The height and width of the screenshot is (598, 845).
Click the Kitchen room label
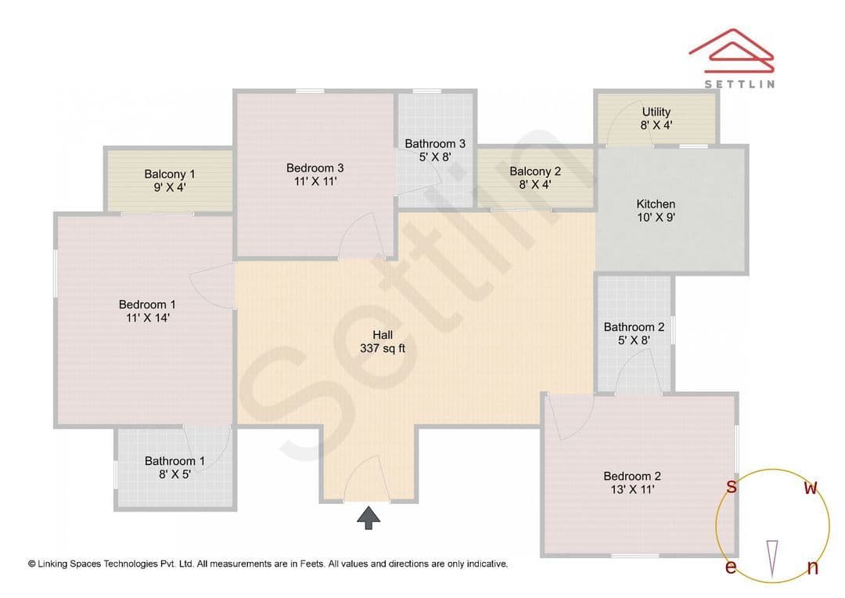pos(656,204)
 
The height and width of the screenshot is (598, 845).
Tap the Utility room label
pos(656,112)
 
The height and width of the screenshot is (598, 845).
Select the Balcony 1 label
pos(170,175)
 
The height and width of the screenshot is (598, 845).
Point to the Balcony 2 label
pos(535,171)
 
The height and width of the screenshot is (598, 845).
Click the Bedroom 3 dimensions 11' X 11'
pos(315,182)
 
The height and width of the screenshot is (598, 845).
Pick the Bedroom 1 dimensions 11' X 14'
pos(148,318)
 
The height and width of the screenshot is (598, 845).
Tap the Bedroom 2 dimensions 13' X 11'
pos(632,490)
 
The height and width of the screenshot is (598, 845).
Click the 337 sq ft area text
pos(383,349)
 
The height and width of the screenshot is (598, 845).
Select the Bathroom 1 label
pos(174,461)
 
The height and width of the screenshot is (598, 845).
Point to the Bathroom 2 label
pos(634,327)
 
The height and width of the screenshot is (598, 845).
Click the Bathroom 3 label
pos(435,144)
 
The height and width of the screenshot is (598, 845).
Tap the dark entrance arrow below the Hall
pos(369,518)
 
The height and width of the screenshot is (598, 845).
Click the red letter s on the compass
pos(732,486)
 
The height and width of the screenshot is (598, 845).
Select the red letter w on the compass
pos(811,488)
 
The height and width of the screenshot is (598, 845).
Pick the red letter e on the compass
pos(731,567)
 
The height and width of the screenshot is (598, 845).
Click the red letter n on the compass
pos(813,567)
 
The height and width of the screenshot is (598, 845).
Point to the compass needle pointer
pos(772,559)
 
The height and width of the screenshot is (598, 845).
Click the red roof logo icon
pos(732,51)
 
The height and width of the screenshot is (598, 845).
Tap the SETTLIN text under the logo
pos(739,84)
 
